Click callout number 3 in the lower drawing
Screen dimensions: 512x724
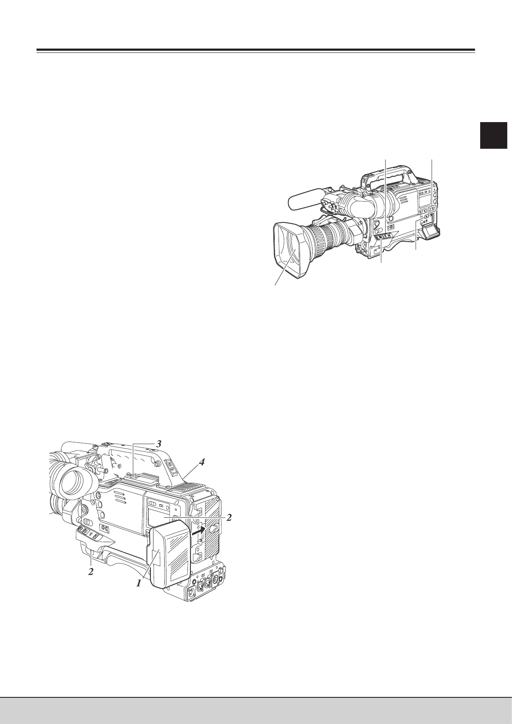point(158,444)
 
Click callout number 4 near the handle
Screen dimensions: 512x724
point(201,463)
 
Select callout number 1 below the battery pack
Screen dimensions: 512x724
point(139,583)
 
